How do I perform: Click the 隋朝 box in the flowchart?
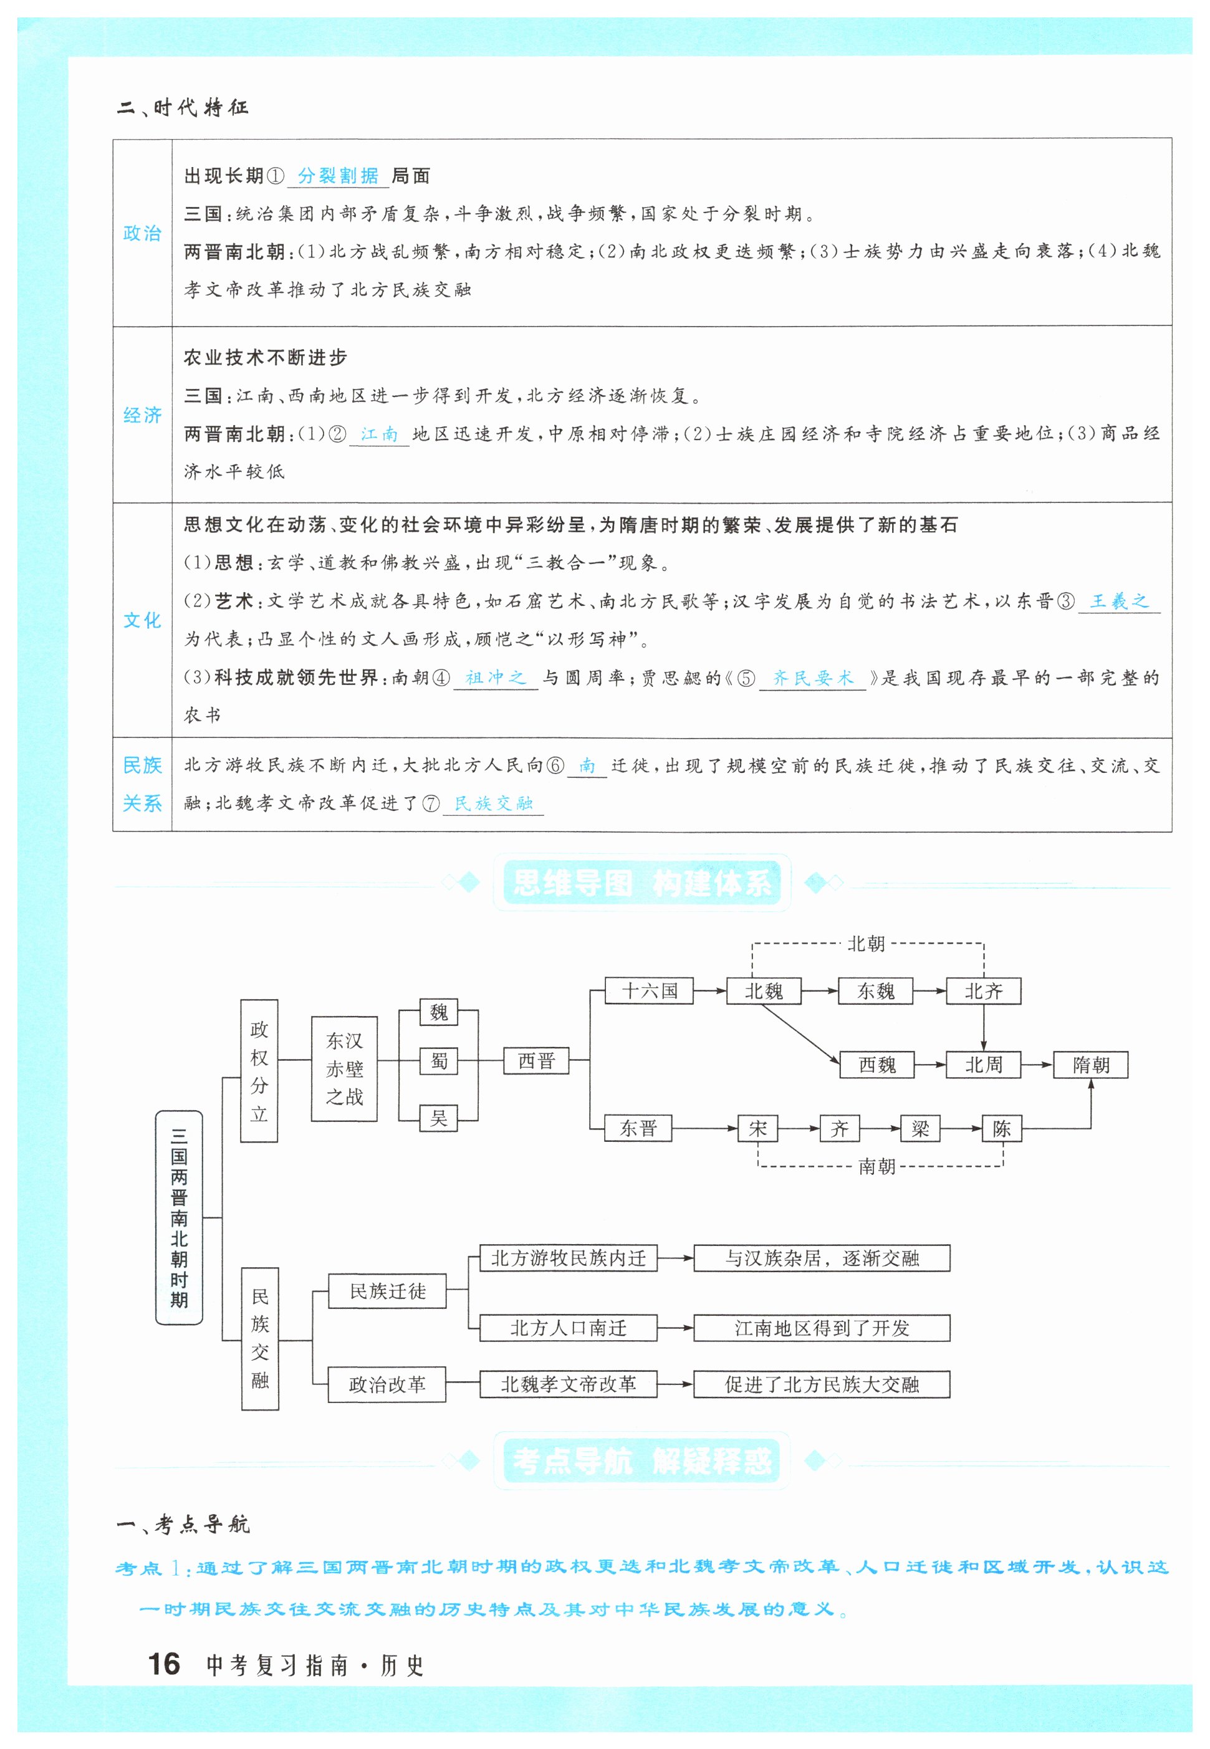1090,1065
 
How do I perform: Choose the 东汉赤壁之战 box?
344,1068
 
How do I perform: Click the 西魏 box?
876,1065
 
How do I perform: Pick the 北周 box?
983,1065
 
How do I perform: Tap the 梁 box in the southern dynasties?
920,1128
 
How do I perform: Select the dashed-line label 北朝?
866,944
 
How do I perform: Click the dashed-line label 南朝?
876,1166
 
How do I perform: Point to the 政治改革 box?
387,1384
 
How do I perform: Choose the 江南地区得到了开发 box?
821,1328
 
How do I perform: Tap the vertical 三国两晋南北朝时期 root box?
179,1217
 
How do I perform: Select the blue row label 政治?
143,232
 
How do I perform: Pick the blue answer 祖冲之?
495,677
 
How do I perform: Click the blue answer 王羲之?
1118,601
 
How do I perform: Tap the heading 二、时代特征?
183,108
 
